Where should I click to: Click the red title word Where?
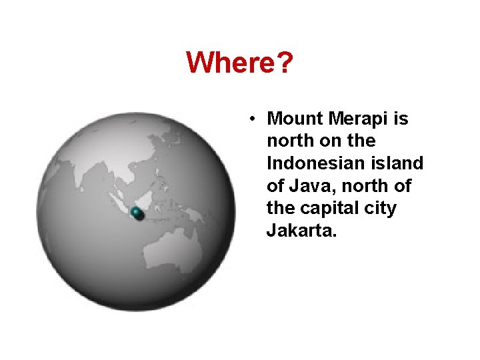click(x=239, y=63)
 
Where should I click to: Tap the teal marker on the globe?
click(x=137, y=213)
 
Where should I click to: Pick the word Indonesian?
click(x=317, y=163)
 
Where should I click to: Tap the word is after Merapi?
click(x=401, y=119)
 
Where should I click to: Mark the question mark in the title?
click(x=285, y=63)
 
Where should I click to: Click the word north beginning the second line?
click(x=289, y=141)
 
